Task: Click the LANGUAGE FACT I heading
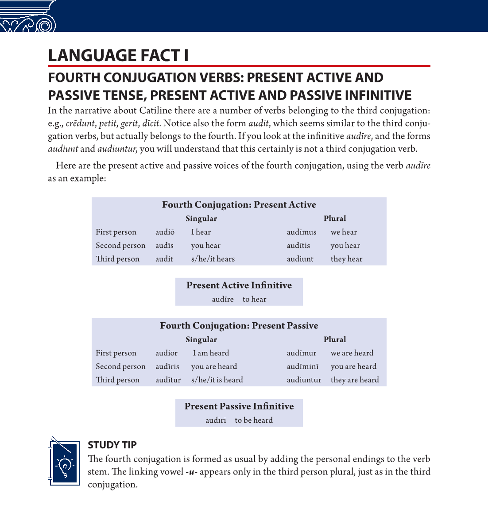click(118, 56)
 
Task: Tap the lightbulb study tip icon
click(65, 461)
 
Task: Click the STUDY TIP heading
click(112, 445)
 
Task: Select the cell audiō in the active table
click(165, 232)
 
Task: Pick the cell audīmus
click(302, 232)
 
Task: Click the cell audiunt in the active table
click(300, 259)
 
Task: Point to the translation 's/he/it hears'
click(213, 259)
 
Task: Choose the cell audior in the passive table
click(167, 353)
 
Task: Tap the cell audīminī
click(302, 366)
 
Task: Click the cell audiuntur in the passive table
click(304, 380)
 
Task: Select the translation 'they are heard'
click(355, 380)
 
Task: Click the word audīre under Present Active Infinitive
click(223, 299)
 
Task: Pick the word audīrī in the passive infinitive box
click(216, 420)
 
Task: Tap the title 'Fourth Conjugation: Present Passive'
click(239, 326)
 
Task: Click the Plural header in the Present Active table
click(335, 218)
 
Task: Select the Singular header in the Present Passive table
click(201, 339)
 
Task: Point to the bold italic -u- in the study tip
click(191, 472)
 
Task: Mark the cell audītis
click(298, 246)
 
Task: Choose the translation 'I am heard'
click(211, 353)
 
